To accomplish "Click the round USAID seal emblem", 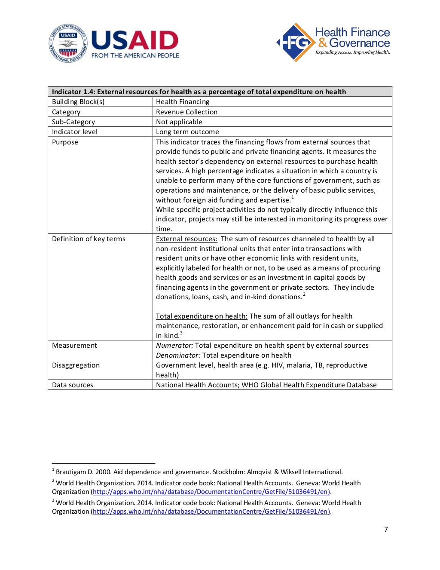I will (x=68, y=43).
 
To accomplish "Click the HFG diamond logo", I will (x=295, y=42).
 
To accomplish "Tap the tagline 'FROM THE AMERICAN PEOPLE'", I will (x=135, y=55).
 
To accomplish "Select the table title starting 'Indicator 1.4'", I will (x=199, y=92).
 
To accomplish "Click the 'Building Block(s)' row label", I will (x=78, y=102).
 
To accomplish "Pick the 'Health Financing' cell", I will (x=183, y=102).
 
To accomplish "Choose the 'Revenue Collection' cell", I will (x=186, y=112).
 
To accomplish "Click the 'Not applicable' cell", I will (x=179, y=122).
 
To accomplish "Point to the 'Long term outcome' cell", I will (x=187, y=132).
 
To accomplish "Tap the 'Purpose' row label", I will (x=65, y=142).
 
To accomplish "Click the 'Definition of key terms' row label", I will (x=89, y=239).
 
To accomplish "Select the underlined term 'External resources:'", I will (x=186, y=239).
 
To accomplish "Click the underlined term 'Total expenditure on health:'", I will (x=202, y=316).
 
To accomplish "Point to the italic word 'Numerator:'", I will (x=174, y=346).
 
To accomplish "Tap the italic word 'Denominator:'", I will (x=178, y=355).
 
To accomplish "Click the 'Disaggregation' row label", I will (x=76, y=365).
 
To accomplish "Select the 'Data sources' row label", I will (x=73, y=385).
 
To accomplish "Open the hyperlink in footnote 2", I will (x=211, y=492).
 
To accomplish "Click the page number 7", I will (x=386, y=529).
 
